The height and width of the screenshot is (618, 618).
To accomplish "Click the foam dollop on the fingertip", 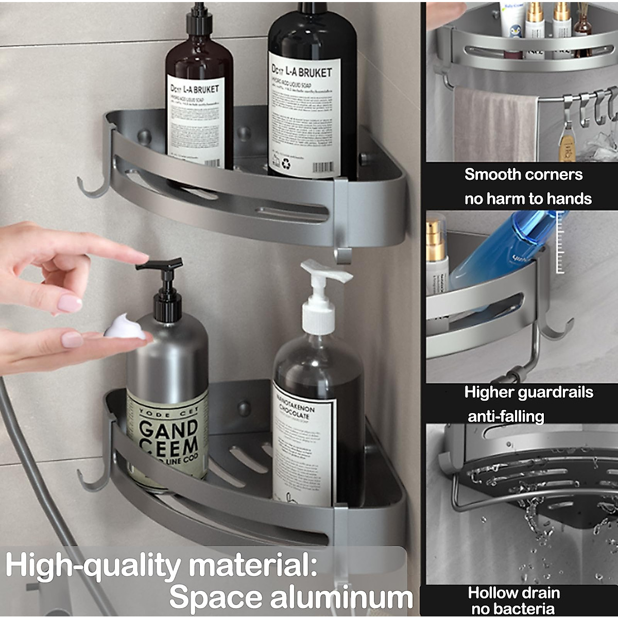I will click(125, 327).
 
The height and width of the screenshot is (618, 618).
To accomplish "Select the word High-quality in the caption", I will click(93, 565).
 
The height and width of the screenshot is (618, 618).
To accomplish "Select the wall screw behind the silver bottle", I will click(244, 409).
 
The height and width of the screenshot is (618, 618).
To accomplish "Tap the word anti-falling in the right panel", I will click(506, 416).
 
